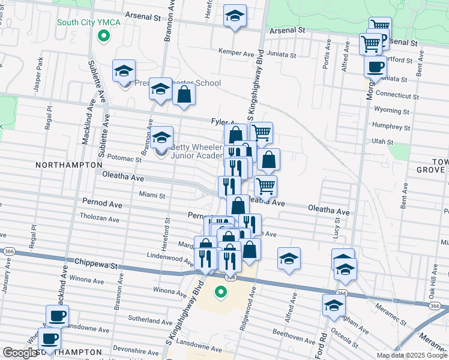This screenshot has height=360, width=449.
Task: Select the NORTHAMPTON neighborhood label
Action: click(x=69, y=164)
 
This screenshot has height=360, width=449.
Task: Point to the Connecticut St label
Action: click(x=396, y=95)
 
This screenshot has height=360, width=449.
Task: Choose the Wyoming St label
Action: click(x=391, y=111)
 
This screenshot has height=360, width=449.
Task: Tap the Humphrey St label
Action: click(x=391, y=127)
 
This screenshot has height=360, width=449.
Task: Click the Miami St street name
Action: click(x=151, y=195)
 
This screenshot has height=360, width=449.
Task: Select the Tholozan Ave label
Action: click(x=101, y=217)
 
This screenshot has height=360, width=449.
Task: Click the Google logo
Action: click(x=20, y=353)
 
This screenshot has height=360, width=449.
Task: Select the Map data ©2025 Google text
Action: click(x=411, y=355)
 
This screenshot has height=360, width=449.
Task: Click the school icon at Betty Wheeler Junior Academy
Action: click(x=161, y=137)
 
